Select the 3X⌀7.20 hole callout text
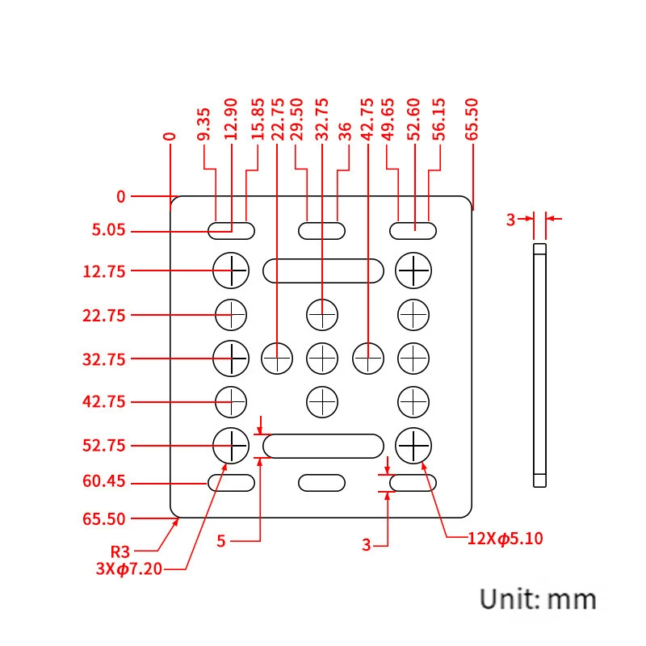pos(129,568)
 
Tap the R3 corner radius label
pos(120,552)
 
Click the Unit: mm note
pos(539,599)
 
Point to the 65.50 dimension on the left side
pos(103,518)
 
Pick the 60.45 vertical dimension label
pos(103,483)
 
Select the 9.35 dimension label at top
pos(203,124)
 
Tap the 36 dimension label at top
pos(345,132)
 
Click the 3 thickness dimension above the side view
pos(510,219)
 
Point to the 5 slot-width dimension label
pos(221,541)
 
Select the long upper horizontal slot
pos(323,271)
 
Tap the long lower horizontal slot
pos(323,446)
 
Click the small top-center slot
pos(322,230)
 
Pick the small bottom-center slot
pos(322,483)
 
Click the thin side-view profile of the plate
pos(540,363)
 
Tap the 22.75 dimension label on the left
pos(103,315)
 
